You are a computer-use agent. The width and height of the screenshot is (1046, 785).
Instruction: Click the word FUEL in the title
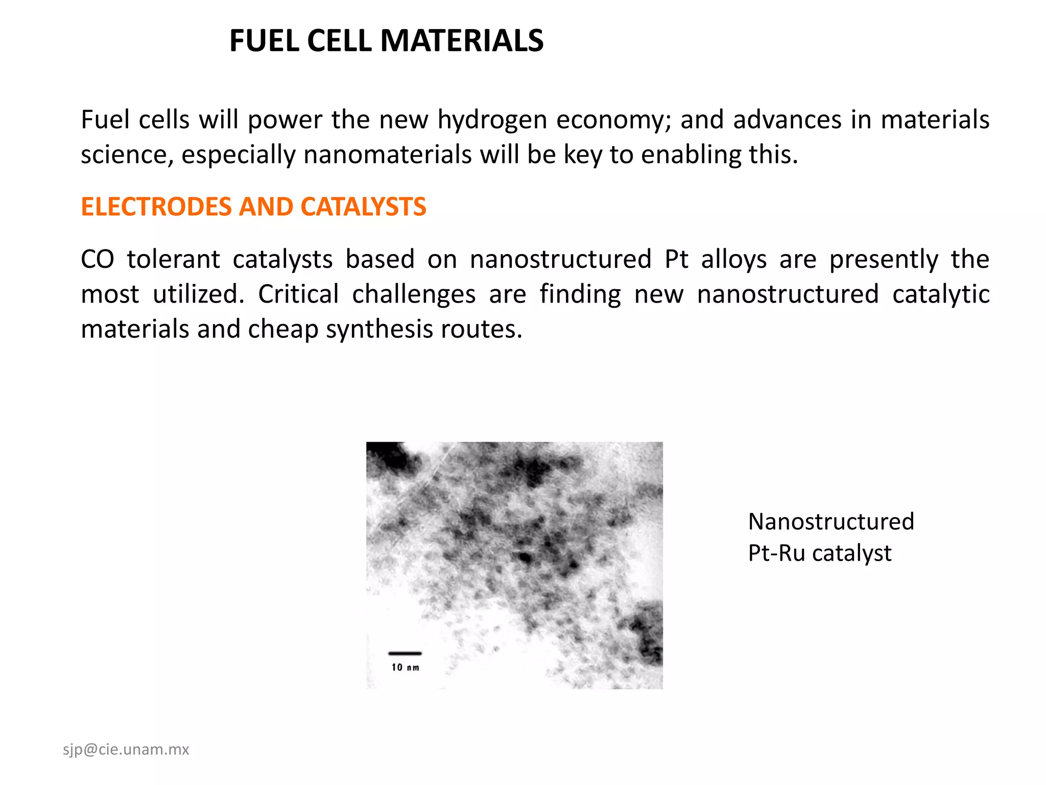click(265, 41)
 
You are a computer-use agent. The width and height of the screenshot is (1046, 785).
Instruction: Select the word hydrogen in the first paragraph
click(492, 121)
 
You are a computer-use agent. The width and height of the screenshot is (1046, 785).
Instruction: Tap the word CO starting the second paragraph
click(97, 259)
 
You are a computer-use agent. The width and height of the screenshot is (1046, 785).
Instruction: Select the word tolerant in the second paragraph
click(174, 259)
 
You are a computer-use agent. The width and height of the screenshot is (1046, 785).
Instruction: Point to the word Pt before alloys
click(677, 259)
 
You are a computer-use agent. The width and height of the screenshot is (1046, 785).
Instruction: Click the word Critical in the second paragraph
click(298, 294)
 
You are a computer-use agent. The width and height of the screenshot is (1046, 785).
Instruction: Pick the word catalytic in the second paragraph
click(941, 294)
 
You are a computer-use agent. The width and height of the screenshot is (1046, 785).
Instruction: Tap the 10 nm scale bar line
click(405, 653)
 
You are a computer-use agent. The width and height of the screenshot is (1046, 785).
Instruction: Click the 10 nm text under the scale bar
click(406, 667)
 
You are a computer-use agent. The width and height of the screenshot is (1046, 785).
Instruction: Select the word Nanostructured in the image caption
click(831, 522)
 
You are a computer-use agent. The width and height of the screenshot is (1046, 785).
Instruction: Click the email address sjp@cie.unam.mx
click(126, 750)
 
